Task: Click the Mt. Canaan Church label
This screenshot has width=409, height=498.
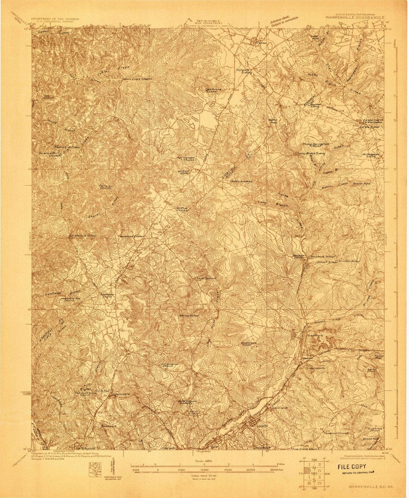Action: (x=186, y=159)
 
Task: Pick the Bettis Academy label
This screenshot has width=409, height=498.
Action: (x=242, y=181)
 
